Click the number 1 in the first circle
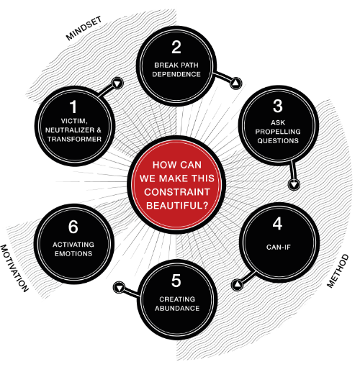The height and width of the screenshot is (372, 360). pos(73,107)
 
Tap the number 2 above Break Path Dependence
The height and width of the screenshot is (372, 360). pos(176,47)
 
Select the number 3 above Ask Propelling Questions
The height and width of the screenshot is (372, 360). pos(278,106)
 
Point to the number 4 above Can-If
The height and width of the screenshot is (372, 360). pos(277,224)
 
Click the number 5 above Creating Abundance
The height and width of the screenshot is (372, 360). pos(176,281)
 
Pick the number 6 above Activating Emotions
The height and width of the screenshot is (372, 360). pos(73,227)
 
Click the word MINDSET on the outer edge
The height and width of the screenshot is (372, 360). pos(84,28)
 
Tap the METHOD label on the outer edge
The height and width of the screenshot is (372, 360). pos(338,271)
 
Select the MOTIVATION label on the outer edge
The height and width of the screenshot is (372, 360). pos(14,268)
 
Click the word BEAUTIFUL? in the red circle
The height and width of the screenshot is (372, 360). pos(177,206)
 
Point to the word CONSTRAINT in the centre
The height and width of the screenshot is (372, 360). pos(177,192)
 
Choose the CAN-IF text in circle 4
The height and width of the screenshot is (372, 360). pos(279,247)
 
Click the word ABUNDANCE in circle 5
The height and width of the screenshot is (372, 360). pos(177,308)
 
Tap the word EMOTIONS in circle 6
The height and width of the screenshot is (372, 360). pos(73,253)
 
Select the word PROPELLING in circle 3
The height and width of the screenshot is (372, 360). pos(278,132)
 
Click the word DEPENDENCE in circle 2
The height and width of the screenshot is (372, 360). pos(176,74)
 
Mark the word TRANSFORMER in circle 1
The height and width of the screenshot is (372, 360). pos(74,139)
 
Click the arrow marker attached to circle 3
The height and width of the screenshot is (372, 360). pos(294,184)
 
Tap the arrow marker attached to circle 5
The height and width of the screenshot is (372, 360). pos(119,287)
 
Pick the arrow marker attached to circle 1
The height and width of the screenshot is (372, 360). pos(117,83)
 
